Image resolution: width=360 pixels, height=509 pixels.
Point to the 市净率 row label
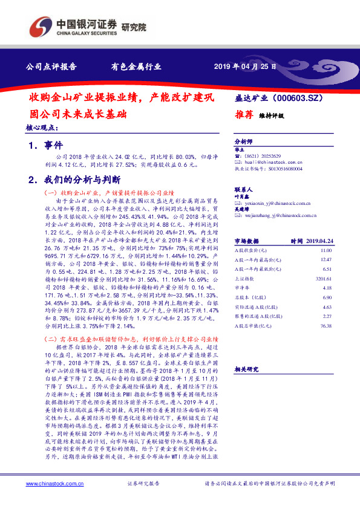(243, 288)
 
